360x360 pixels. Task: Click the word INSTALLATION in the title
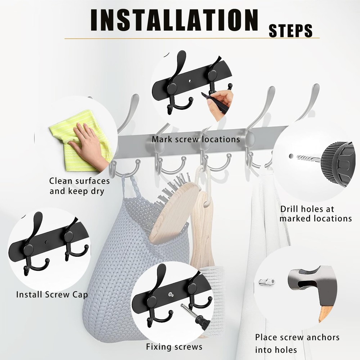pyautogui.click(x=175, y=20)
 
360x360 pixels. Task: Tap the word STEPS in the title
pyautogui.click(x=291, y=31)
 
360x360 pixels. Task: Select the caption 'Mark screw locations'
pyautogui.click(x=196, y=139)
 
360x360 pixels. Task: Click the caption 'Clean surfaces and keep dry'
pyautogui.click(x=80, y=186)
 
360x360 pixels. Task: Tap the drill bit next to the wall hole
pyautogui.click(x=309, y=158)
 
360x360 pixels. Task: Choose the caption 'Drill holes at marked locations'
pyautogui.click(x=315, y=214)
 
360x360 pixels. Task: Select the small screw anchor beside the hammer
pyautogui.click(x=267, y=282)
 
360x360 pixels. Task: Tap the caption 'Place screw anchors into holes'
pyautogui.click(x=297, y=343)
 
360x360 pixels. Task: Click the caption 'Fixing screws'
pyautogui.click(x=174, y=347)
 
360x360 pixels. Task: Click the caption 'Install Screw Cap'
pyautogui.click(x=52, y=294)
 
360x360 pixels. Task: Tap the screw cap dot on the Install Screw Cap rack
pyautogui.click(x=47, y=242)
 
